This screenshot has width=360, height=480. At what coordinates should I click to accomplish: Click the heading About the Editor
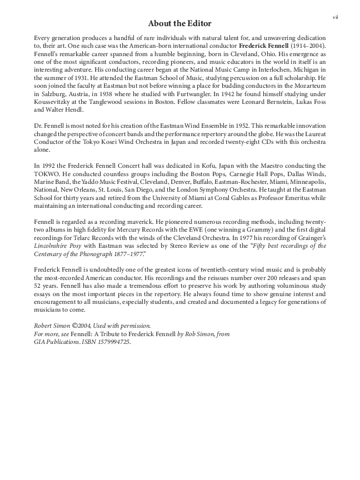click(180, 23)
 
